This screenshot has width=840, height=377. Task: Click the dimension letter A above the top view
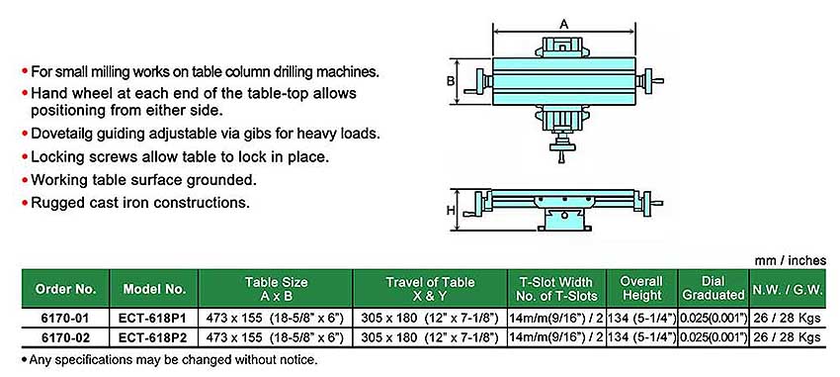[563, 24]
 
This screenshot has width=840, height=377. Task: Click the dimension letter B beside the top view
[451, 81]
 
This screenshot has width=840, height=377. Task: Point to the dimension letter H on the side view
[451, 210]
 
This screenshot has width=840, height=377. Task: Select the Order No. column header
[66, 289]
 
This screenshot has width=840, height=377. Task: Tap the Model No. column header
[154, 289]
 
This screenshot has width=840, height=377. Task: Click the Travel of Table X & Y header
[430, 289]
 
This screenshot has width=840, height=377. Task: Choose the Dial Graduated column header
[714, 289]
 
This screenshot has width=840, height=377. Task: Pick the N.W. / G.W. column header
[788, 289]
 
